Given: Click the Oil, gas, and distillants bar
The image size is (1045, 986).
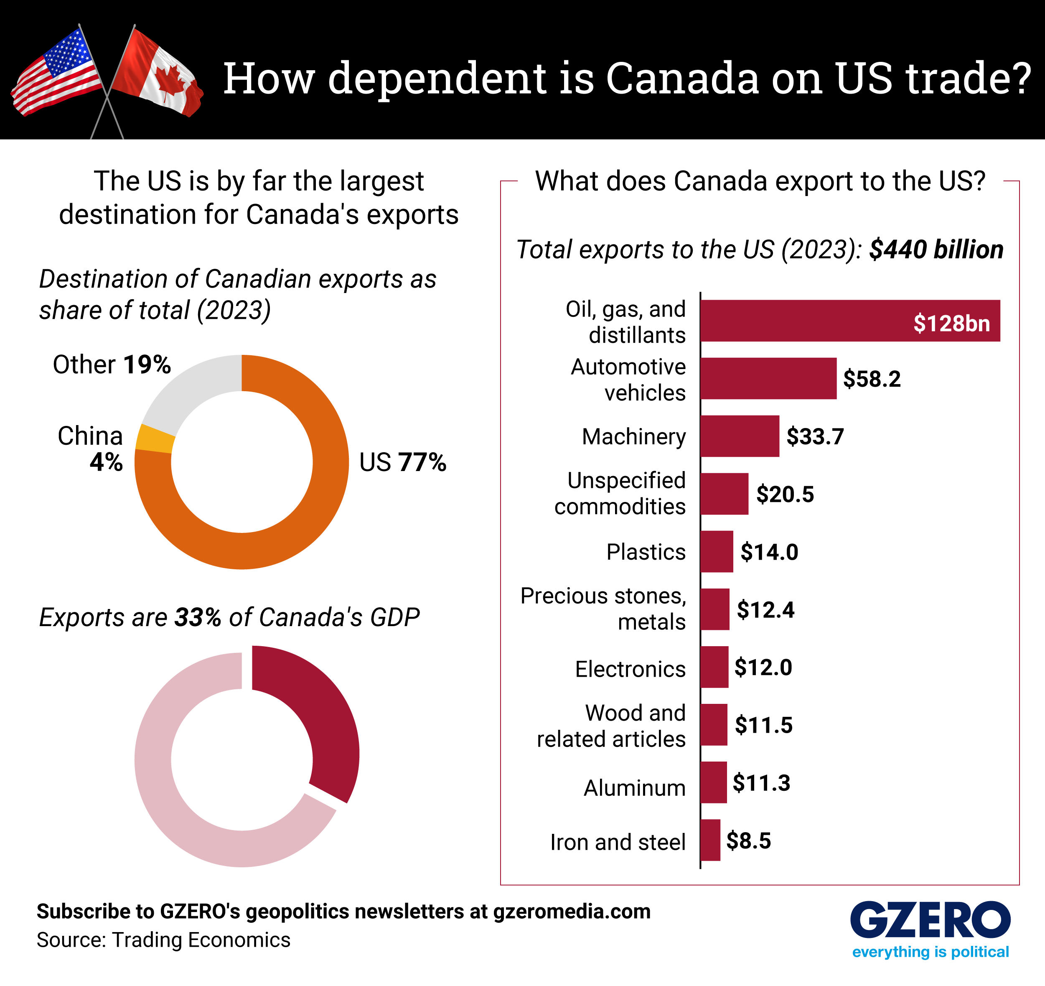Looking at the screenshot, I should tap(849, 321).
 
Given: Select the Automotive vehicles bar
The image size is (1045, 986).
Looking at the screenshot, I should tap(768, 379).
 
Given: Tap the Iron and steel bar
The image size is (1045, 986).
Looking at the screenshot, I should tap(710, 840).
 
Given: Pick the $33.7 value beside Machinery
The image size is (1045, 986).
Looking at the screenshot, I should tap(815, 436).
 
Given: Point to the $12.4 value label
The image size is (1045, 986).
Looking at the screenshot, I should tap(765, 609).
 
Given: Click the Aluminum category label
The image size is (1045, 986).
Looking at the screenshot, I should tap(634, 788).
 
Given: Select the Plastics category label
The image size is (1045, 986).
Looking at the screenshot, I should tap(646, 552).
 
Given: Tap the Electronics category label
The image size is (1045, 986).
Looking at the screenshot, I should tap(630, 669).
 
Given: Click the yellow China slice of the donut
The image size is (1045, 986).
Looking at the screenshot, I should tap(155, 438).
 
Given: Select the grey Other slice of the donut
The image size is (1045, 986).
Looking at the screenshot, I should tap(189, 392).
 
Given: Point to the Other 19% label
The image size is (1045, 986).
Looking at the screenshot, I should tap(112, 364).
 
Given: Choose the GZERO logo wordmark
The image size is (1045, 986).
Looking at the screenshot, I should tap(930, 920).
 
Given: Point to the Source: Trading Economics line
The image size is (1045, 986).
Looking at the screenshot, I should tap(163, 940).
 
